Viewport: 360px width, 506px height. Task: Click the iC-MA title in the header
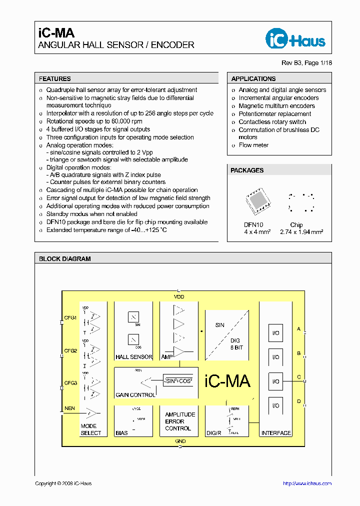(x=56, y=33)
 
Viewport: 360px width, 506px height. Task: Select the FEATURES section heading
(x=55, y=78)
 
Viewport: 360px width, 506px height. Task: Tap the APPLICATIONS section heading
(x=253, y=78)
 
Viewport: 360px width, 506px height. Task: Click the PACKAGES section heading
(x=247, y=170)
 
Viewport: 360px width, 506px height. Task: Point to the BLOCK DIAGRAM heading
(x=65, y=259)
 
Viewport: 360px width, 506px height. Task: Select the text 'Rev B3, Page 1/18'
(x=306, y=63)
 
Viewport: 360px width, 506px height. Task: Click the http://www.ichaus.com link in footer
(x=307, y=483)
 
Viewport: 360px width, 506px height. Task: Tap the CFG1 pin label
(x=70, y=317)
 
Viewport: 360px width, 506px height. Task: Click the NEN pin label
(x=69, y=408)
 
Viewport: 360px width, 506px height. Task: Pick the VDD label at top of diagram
(x=179, y=297)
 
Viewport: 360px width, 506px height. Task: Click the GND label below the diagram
(x=180, y=441)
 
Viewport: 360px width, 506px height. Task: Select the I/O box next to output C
(x=275, y=381)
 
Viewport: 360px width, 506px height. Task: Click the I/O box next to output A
(x=275, y=333)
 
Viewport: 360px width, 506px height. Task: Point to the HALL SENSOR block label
(x=133, y=357)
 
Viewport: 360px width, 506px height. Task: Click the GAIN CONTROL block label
(x=135, y=395)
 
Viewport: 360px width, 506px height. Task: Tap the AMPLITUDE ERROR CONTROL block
(x=180, y=421)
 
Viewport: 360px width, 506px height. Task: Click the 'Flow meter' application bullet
(x=253, y=145)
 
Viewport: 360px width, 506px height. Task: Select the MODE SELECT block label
(x=91, y=430)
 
